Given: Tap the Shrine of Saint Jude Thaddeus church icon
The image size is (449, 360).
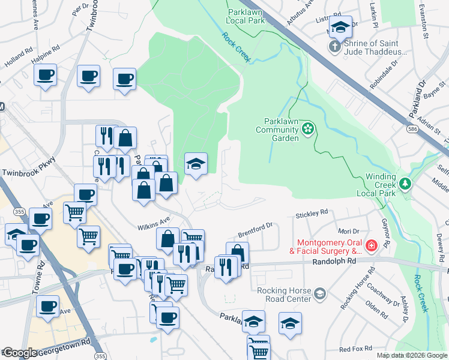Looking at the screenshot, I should (334, 46).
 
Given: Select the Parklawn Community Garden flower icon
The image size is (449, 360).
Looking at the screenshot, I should (308, 128).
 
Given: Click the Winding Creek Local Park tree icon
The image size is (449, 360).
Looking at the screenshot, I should (406, 182).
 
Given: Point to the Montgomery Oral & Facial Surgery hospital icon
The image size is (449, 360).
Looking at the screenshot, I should (371, 246).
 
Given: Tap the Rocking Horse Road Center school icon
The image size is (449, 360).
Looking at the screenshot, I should (320, 293).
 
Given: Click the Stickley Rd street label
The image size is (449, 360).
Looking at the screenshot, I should (312, 212).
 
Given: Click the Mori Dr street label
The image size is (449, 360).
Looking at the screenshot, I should (348, 230).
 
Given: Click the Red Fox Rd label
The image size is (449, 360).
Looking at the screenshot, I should (355, 349).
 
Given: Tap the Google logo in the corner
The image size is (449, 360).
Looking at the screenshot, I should (20, 353).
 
